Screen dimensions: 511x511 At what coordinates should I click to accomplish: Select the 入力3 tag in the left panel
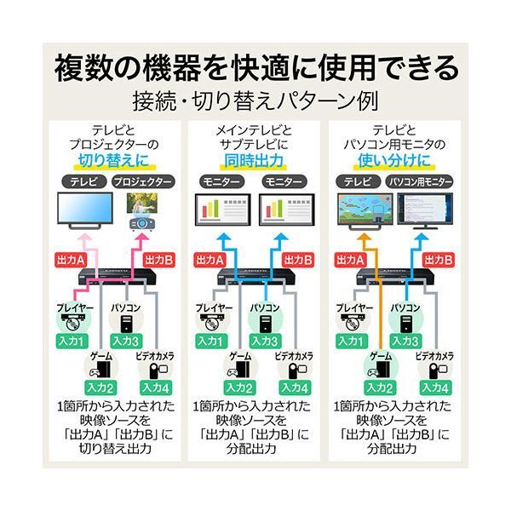point(127,341)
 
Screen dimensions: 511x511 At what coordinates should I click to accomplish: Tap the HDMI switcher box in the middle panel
point(255,278)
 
